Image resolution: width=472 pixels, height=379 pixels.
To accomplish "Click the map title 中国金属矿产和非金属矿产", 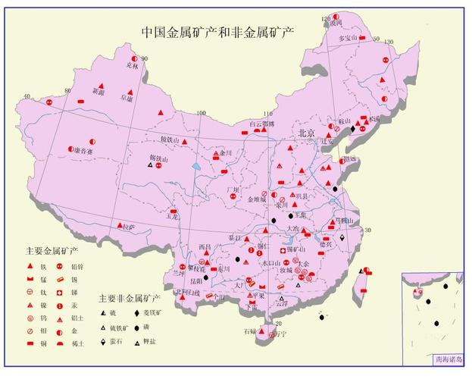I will [218, 32].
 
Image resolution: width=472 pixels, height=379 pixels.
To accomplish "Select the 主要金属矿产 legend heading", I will [52, 250].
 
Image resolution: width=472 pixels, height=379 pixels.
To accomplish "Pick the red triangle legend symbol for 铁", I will [32, 266].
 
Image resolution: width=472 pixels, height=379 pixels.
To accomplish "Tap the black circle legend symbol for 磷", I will [137, 327].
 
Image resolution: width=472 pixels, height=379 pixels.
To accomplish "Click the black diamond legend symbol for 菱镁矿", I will [137, 312].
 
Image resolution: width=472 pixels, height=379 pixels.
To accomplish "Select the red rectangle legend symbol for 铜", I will [32, 343].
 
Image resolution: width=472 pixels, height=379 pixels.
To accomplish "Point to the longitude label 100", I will [201, 114].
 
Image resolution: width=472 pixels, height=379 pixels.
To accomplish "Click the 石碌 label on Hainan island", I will [250, 332].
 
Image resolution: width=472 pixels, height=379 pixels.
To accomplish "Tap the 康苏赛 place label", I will [89, 150].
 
